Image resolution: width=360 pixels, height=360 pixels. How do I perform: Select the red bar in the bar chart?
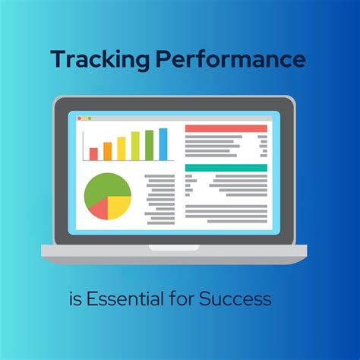[93, 153]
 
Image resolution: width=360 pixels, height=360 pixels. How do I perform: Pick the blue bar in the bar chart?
[163, 144]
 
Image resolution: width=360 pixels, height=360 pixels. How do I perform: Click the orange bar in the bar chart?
[107, 151]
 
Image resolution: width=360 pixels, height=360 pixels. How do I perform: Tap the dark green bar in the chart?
[149, 145]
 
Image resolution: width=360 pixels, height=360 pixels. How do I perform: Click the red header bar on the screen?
[226, 129]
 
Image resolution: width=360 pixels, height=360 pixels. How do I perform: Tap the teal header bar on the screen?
[226, 168]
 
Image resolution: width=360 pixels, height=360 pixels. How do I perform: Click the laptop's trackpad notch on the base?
[180, 247]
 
